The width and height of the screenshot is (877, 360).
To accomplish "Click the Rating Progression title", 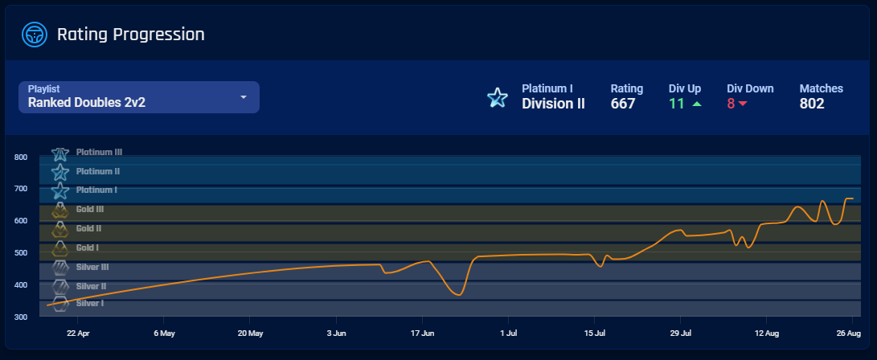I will [130, 35].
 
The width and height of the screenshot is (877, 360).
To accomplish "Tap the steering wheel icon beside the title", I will [35, 35].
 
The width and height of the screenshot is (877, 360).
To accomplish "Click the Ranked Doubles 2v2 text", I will [87, 103].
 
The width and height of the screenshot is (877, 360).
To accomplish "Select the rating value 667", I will [623, 104].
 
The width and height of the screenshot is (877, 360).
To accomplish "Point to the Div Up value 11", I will [676, 104].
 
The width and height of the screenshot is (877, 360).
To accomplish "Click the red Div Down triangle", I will [743, 104].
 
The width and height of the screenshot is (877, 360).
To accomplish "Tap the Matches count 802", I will [812, 104].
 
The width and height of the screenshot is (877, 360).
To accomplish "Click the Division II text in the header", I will [553, 104].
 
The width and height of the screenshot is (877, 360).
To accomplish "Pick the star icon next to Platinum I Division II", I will [498, 98].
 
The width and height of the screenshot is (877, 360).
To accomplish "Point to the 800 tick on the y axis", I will [21, 157].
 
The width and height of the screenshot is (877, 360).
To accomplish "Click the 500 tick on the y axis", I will [21, 253].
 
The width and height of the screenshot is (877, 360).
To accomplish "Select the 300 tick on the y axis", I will [21, 317].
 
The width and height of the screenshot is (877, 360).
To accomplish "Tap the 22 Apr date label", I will [77, 333].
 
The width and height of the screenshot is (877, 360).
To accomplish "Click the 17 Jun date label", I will [422, 333].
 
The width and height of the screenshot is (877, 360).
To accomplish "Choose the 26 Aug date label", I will [849, 333].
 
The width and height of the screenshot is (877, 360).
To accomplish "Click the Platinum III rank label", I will [99, 152].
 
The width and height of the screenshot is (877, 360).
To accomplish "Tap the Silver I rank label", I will [90, 303].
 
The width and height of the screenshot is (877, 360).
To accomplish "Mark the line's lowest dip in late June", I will [458, 295].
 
